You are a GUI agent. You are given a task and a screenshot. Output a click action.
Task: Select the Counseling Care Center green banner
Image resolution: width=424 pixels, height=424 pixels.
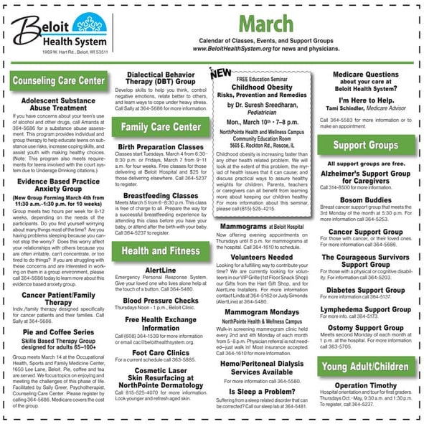60,80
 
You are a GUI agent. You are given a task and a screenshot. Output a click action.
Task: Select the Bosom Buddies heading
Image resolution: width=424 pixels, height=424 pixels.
366,199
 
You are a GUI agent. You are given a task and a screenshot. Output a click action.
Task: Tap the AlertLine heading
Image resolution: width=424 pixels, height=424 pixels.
161,270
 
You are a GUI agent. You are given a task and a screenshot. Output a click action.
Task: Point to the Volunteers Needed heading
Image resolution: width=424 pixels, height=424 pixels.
261,256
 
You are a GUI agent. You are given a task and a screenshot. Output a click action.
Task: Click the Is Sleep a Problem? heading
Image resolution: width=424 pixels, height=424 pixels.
261,392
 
